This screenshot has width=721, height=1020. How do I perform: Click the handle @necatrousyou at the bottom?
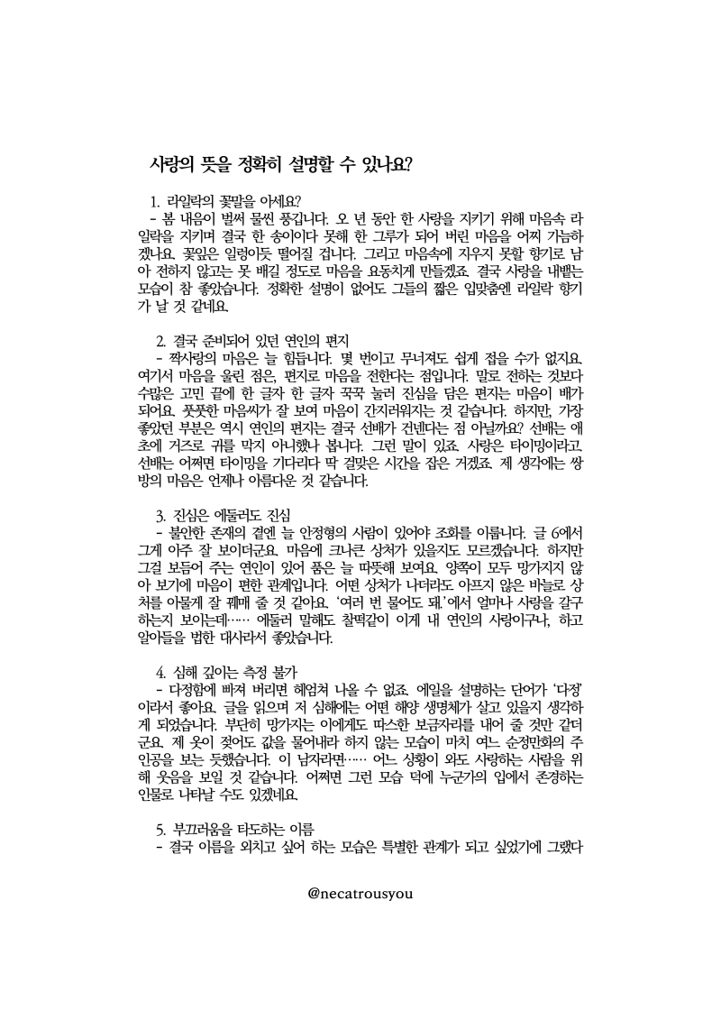360,892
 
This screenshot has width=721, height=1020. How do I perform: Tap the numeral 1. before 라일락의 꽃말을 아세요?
156,200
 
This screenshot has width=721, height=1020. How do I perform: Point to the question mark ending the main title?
409,165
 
